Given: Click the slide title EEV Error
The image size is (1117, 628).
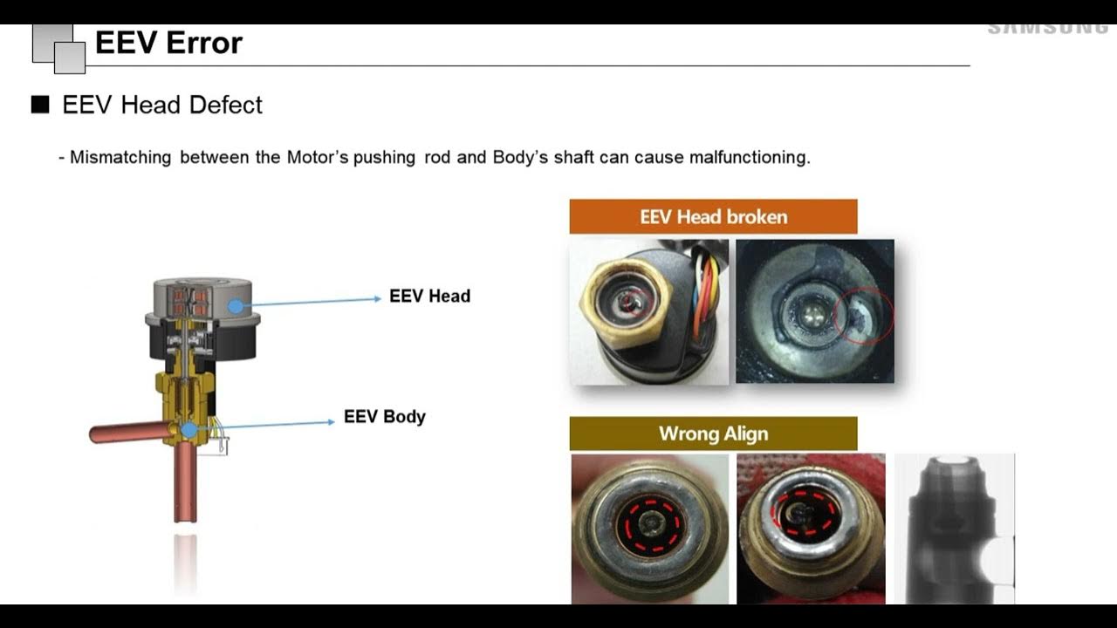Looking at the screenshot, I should pyautogui.click(x=168, y=43).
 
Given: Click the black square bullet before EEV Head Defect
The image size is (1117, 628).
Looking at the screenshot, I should pyautogui.click(x=40, y=106).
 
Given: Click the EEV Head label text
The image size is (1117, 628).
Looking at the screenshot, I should pyautogui.click(x=429, y=297).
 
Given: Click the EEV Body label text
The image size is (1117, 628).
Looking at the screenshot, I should pyautogui.click(x=385, y=417).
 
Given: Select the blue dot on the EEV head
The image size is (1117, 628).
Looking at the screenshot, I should pyautogui.click(x=235, y=306).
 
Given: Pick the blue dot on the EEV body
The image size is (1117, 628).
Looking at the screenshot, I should pyautogui.click(x=189, y=429).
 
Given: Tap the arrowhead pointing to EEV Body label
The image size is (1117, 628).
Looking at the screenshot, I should pyautogui.click(x=330, y=421).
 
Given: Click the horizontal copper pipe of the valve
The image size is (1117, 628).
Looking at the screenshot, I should pyautogui.click(x=127, y=432).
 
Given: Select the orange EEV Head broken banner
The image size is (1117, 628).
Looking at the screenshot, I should pyautogui.click(x=713, y=216).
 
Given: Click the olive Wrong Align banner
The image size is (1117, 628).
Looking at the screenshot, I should pyautogui.click(x=713, y=433).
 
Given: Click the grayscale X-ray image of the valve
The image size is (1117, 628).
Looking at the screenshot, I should pyautogui.click(x=955, y=529).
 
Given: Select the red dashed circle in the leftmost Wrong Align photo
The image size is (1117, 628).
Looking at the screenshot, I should pyautogui.click(x=650, y=526).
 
